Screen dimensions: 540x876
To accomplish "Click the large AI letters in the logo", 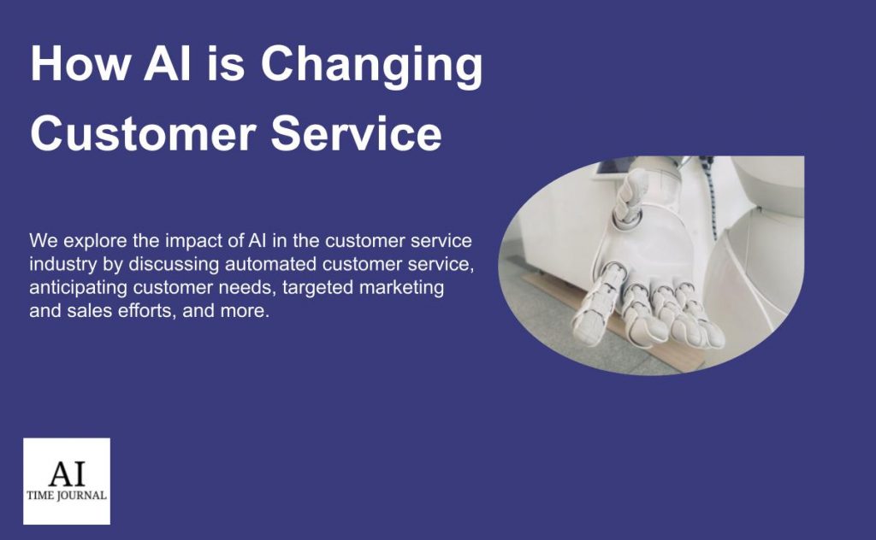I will (x=67, y=472).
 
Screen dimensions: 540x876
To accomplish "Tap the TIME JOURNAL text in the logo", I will (x=67, y=495).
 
